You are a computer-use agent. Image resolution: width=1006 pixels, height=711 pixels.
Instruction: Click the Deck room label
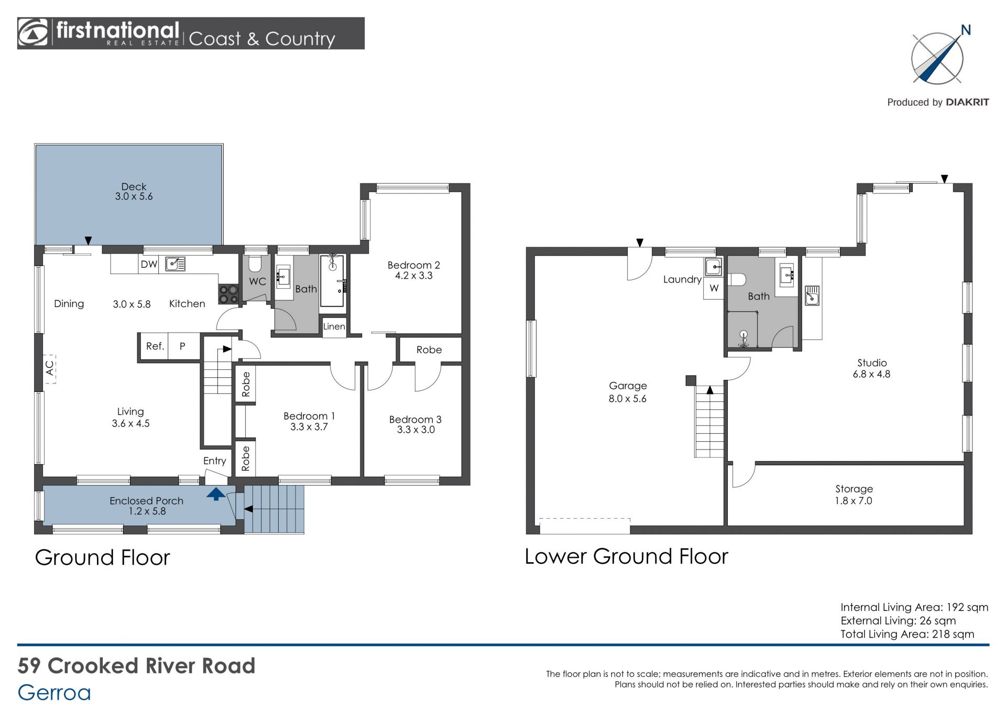(x=134, y=187)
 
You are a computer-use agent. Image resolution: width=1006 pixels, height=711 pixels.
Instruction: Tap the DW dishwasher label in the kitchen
(x=149, y=264)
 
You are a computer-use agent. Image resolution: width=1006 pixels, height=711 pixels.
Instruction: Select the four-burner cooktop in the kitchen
(x=229, y=294)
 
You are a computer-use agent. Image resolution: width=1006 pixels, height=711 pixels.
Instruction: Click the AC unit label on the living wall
(x=50, y=368)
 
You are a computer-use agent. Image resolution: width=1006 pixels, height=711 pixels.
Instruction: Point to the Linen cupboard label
(x=334, y=326)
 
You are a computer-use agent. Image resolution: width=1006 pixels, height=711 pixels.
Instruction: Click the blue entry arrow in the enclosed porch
(x=216, y=494)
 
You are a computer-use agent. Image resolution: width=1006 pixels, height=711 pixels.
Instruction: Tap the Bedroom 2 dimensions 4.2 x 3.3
(x=413, y=276)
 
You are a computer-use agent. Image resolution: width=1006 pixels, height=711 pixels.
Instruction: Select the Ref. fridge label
(x=155, y=346)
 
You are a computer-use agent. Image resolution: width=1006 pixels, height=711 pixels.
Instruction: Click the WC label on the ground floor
(x=257, y=281)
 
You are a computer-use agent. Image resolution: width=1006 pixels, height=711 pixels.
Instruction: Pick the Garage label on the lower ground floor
(x=628, y=386)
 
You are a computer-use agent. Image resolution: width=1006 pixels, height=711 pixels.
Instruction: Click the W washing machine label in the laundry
(x=714, y=288)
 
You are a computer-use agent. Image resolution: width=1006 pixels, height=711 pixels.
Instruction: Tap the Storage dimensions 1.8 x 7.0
(x=854, y=501)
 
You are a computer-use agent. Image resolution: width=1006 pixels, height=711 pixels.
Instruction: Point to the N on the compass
(x=966, y=30)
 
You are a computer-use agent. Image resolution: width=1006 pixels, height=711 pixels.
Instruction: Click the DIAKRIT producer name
(x=967, y=102)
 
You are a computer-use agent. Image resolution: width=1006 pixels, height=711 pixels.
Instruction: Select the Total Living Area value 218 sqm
(x=953, y=634)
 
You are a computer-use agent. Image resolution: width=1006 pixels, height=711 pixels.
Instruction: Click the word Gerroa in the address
(x=54, y=693)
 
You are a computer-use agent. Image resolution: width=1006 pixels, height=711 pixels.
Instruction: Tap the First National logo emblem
(x=32, y=33)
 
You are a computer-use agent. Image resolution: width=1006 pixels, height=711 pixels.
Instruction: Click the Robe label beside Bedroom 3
(x=429, y=350)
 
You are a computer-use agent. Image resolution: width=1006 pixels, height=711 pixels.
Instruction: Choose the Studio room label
(x=872, y=363)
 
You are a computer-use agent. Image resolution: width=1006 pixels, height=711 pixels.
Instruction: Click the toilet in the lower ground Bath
(x=737, y=279)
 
